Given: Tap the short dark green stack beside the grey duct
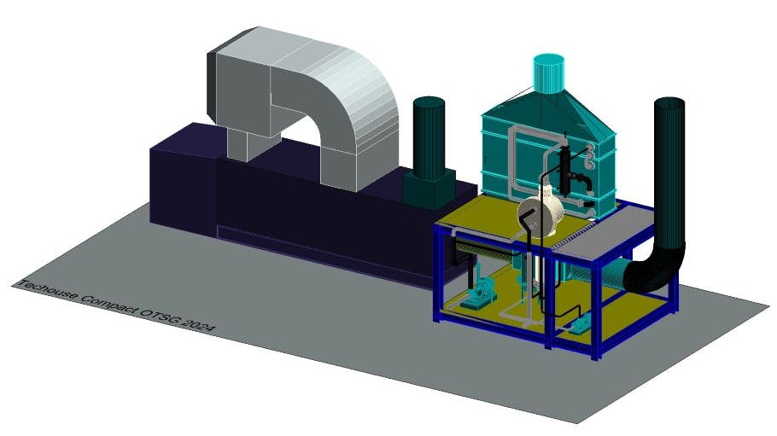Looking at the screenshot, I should (x=429, y=137).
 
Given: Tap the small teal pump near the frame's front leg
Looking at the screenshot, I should (x=581, y=323).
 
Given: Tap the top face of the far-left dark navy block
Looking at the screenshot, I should (x=184, y=139).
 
